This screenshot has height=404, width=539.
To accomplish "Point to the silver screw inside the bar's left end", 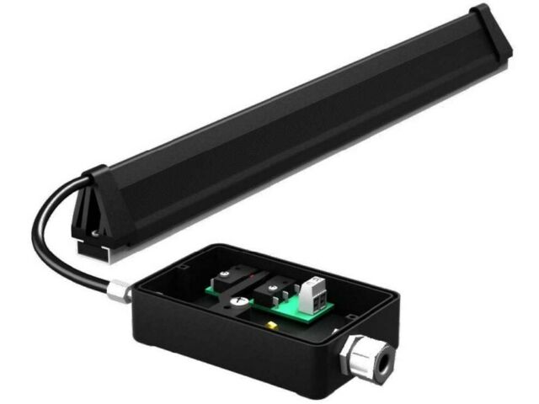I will (x=95, y=234).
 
